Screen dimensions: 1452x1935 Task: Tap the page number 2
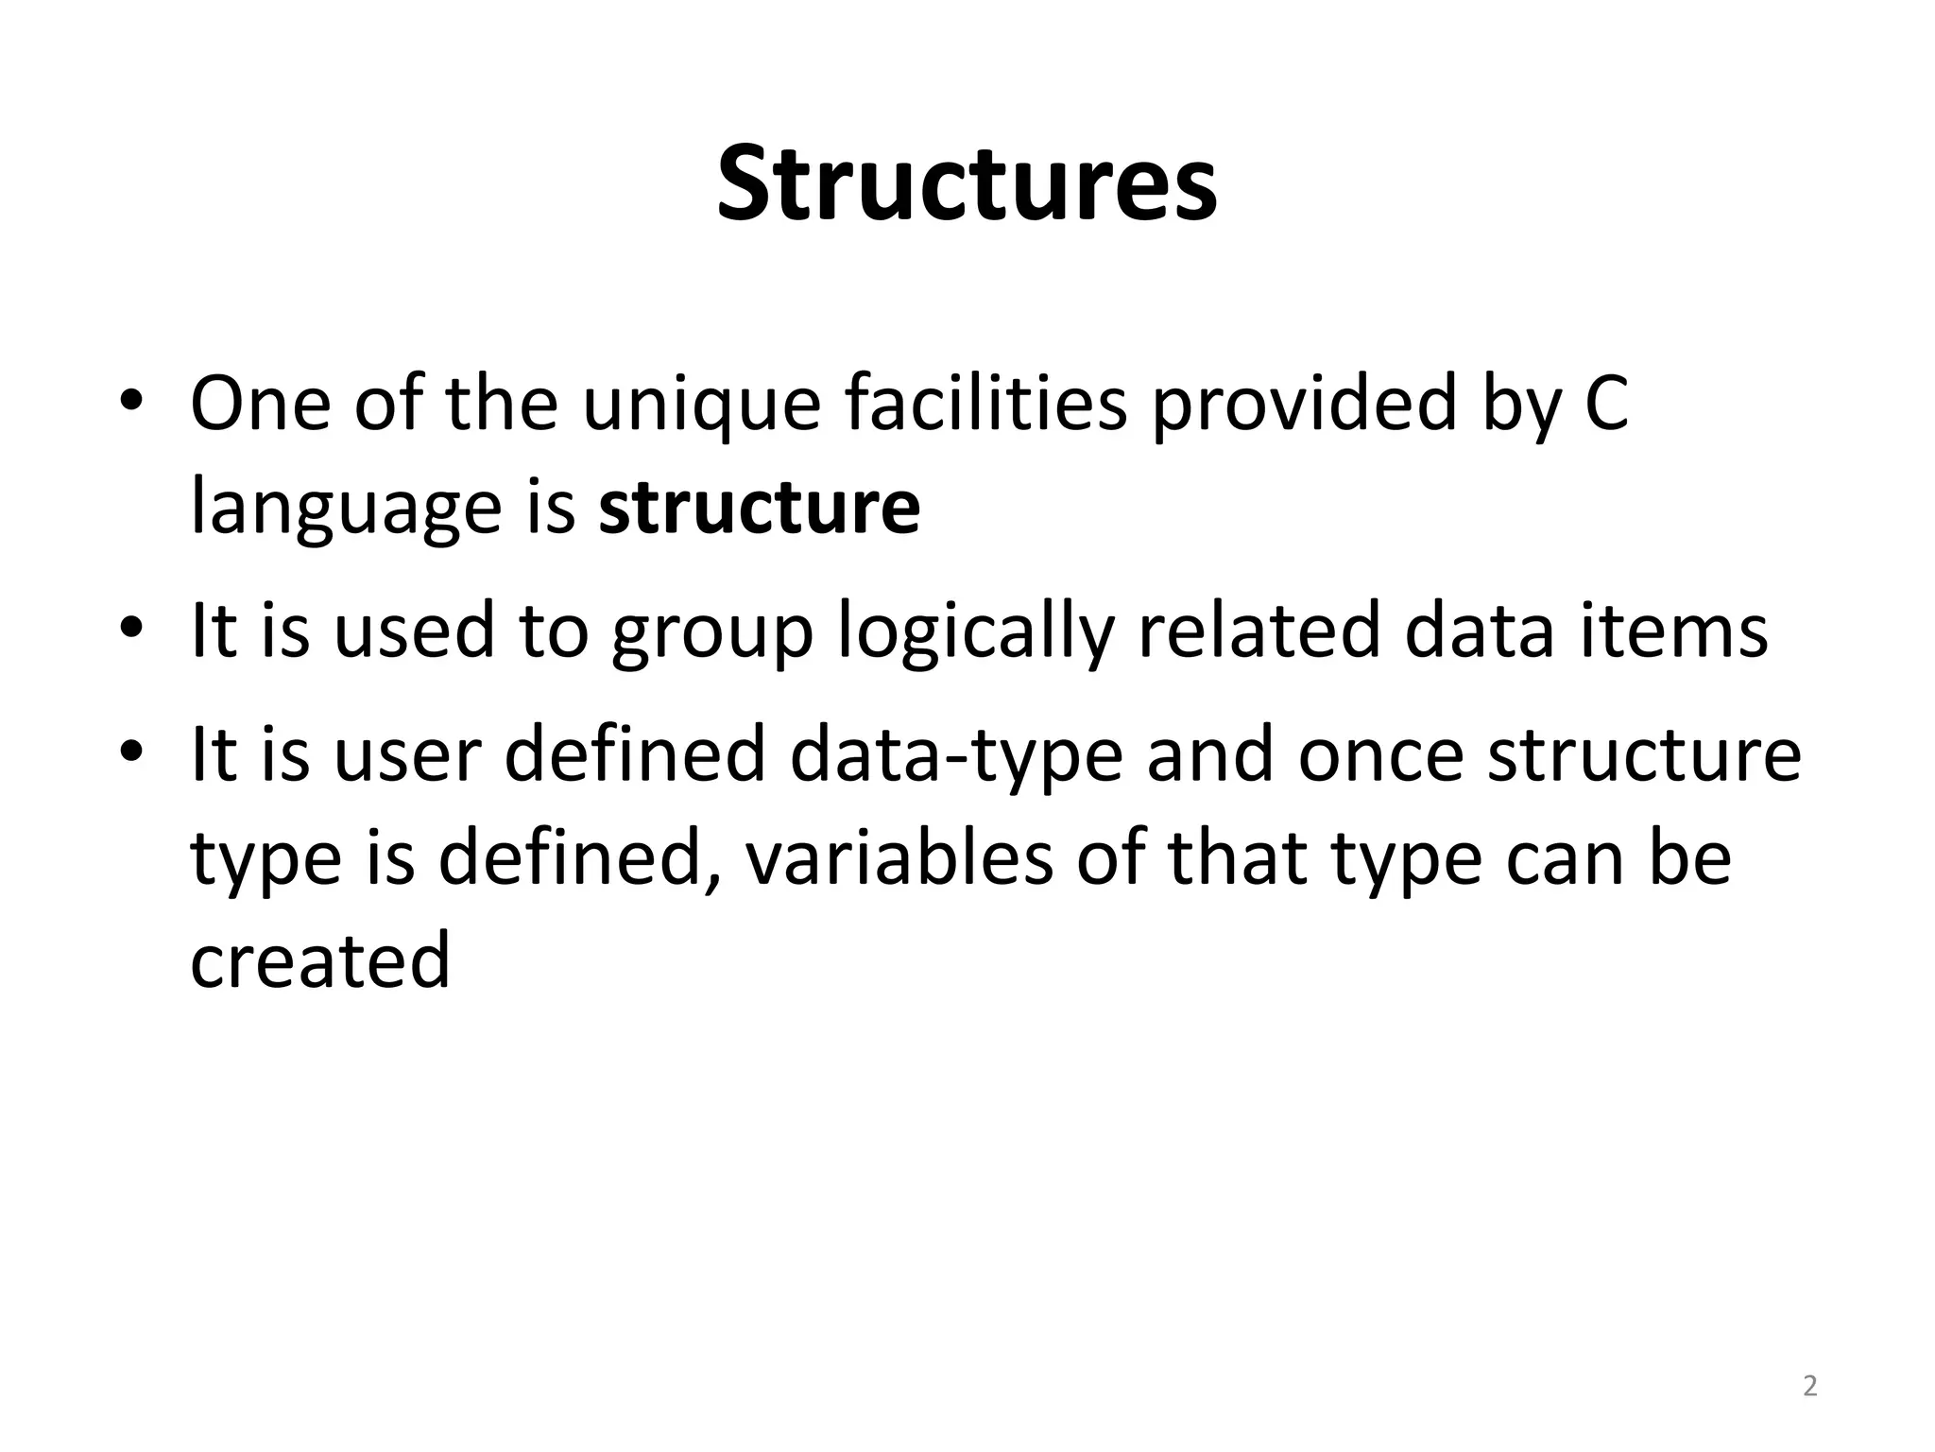click(1809, 1386)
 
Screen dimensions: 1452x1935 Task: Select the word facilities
click(985, 404)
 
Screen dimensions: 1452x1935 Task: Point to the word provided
click(1303, 404)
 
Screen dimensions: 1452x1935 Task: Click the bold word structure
click(759, 508)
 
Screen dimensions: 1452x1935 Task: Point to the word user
click(408, 755)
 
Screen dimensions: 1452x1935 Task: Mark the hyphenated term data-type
click(955, 757)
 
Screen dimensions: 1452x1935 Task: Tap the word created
click(320, 960)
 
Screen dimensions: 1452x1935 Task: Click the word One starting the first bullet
click(260, 404)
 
